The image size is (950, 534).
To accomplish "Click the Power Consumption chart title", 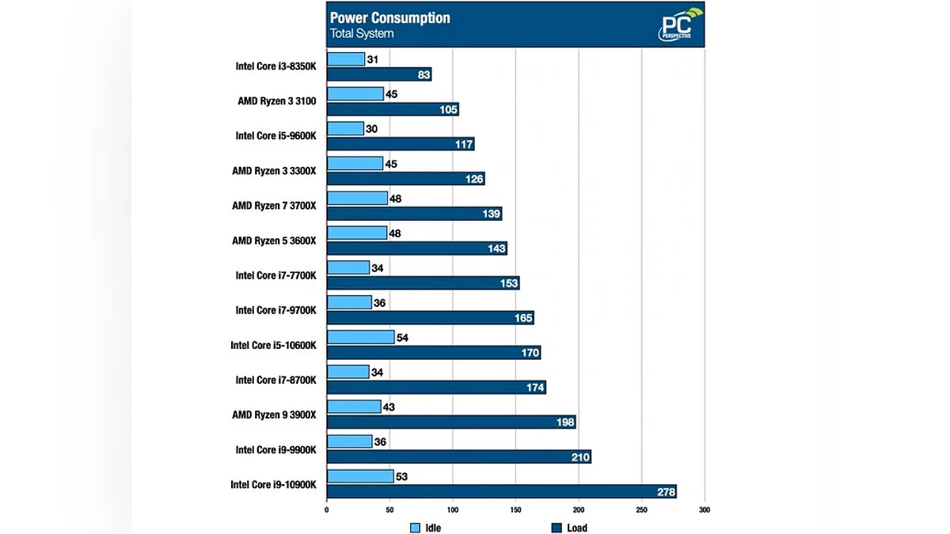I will tap(389, 17).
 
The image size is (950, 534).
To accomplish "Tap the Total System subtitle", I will tap(362, 34).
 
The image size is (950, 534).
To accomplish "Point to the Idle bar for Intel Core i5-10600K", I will tap(360, 338).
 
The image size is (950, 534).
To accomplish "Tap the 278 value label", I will tap(666, 492).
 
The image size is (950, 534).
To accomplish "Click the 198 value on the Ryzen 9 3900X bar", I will tap(564, 422).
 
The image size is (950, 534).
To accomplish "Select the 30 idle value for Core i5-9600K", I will tap(373, 129).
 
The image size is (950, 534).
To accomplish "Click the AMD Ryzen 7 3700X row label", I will tap(274, 206).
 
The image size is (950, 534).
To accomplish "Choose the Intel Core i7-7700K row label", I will tap(275, 275).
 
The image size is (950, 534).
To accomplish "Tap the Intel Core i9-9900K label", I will tap(275, 449).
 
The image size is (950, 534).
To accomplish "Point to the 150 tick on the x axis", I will tap(515, 510).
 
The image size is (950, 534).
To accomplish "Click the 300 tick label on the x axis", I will tap(705, 510).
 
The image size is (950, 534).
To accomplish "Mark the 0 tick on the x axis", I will tap(327, 510).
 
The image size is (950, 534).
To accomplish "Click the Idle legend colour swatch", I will tap(415, 528).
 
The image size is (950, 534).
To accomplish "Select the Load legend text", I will tap(577, 528).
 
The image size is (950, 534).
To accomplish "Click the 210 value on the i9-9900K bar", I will tap(580, 457).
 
